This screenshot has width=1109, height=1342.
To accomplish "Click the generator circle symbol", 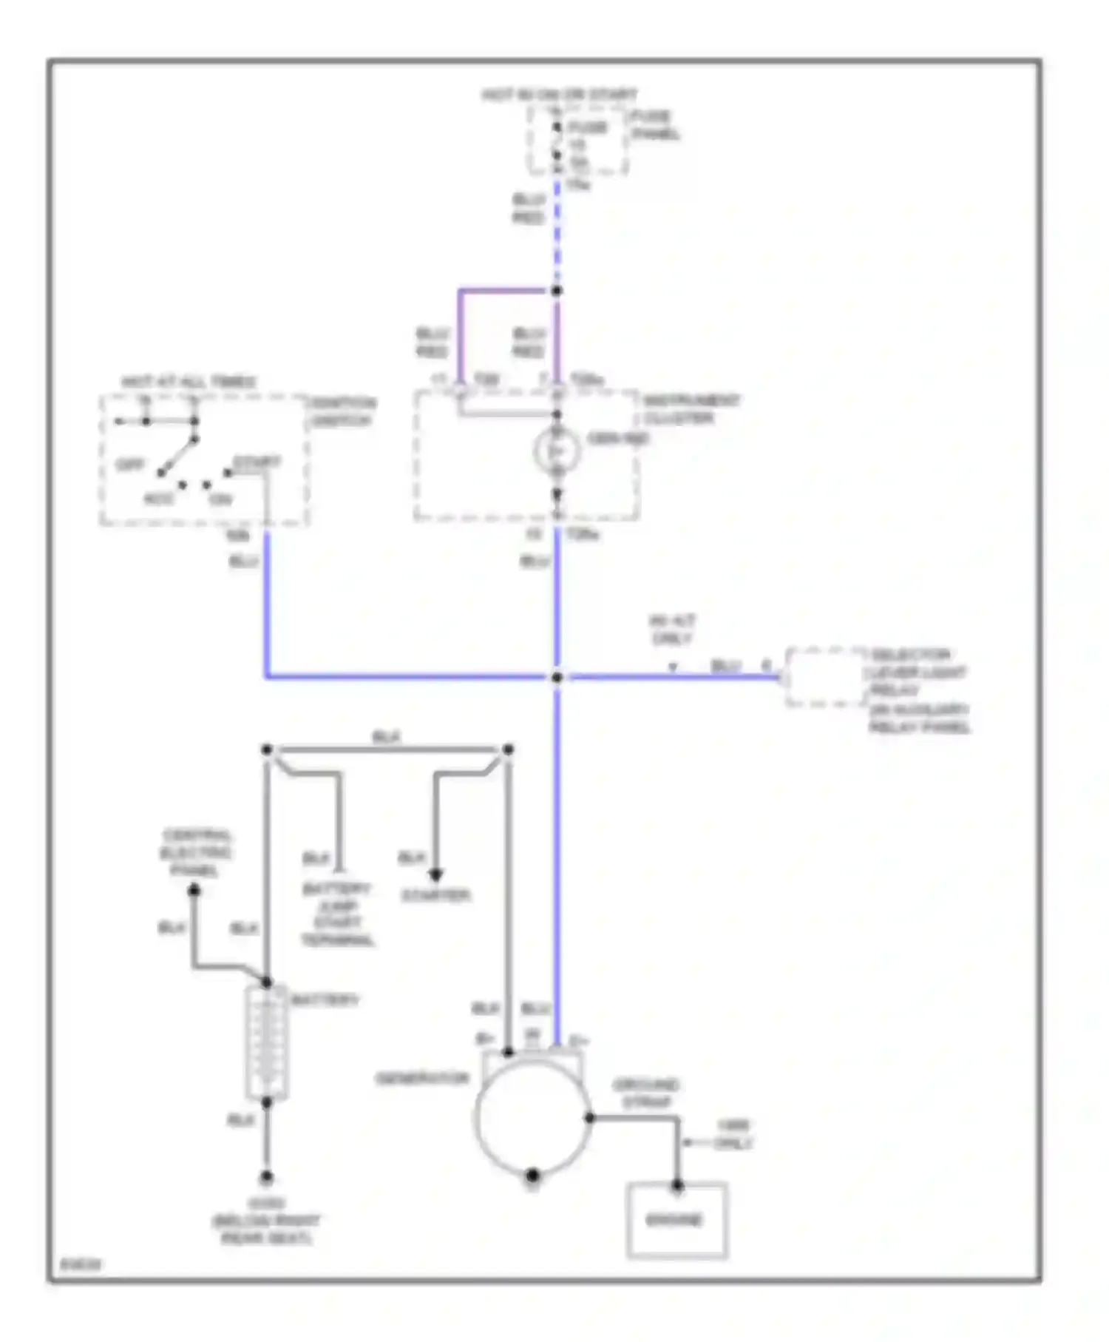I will pyautogui.click(x=532, y=1118).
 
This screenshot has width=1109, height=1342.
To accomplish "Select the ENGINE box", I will pyautogui.click(x=676, y=1220).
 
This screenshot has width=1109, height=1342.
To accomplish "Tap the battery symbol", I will pyautogui.click(x=266, y=1042).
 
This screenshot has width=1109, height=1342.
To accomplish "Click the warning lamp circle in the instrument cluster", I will pyautogui.click(x=557, y=451).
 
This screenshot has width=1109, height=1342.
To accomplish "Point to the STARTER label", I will pyautogui.click(x=435, y=895).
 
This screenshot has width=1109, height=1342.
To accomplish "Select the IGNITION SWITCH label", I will pyautogui.click(x=342, y=411).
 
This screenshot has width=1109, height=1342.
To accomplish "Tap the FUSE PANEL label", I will pyautogui.click(x=654, y=125).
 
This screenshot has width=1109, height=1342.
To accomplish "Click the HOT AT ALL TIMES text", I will pyautogui.click(x=189, y=382).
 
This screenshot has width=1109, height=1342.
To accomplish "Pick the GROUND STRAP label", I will pyautogui.click(x=645, y=1093).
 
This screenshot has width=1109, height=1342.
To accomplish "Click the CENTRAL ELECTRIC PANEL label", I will pyautogui.click(x=195, y=853).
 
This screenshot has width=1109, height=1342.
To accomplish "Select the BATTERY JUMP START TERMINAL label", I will pyautogui.click(x=338, y=914).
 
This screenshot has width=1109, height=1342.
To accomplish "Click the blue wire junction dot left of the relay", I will pyautogui.click(x=557, y=677).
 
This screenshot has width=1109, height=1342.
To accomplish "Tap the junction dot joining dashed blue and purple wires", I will pyautogui.click(x=557, y=291).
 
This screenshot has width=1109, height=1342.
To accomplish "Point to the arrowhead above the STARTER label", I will pyautogui.click(x=435, y=875).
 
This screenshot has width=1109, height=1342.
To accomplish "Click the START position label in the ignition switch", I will pyautogui.click(x=257, y=462).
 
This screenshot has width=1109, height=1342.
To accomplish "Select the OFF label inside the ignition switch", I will pyautogui.click(x=130, y=465).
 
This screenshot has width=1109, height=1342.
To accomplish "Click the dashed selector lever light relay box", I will pyautogui.click(x=823, y=677).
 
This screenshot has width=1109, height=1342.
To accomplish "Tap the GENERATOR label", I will pyautogui.click(x=422, y=1079).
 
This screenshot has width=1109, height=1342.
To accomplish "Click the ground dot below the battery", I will pyautogui.click(x=266, y=1176).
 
